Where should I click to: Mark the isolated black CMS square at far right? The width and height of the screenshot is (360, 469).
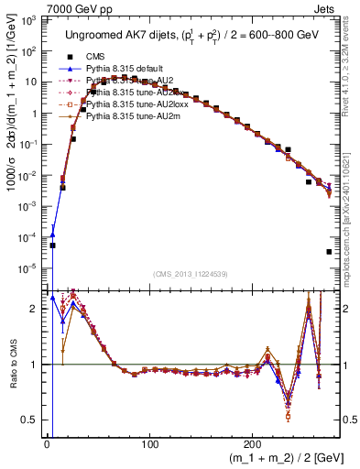coord(329,252)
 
